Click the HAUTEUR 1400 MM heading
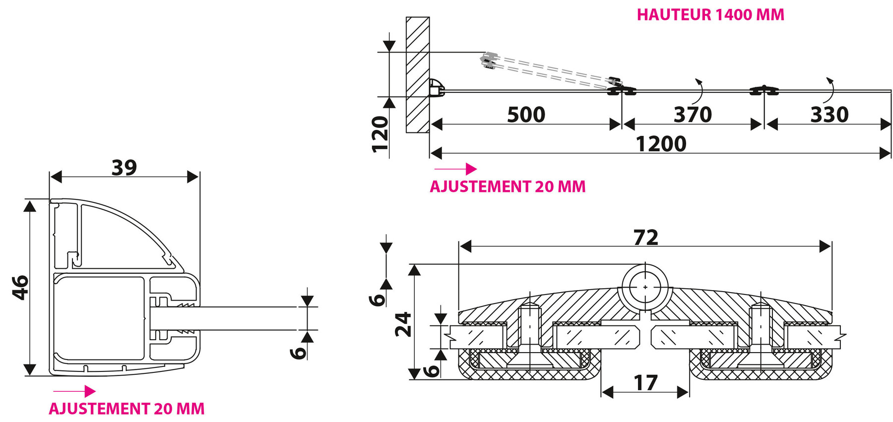pos(710,15)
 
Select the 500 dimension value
pos(526,115)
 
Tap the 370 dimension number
pos(693,115)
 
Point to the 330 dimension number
pos(829,115)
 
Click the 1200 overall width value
pos(661,144)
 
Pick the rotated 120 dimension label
pos(380,134)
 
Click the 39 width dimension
pos(124,168)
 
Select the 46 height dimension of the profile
pos(20,288)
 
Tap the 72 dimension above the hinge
pos(646,238)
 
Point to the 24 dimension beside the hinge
pos(403,324)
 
